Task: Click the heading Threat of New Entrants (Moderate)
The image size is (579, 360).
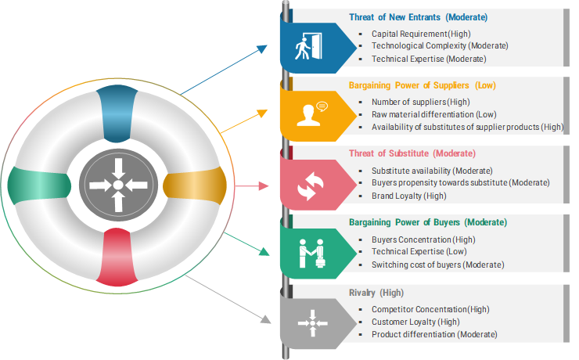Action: click(x=418, y=17)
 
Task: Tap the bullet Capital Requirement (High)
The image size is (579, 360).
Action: click(x=421, y=34)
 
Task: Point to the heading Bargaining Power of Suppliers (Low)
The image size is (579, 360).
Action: click(x=422, y=85)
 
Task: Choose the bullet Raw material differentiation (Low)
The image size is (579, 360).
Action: click(x=434, y=114)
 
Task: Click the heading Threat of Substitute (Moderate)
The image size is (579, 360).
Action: click(x=412, y=153)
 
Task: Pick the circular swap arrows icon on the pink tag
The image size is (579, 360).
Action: click(x=311, y=185)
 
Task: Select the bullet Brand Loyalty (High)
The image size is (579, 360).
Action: click(x=408, y=196)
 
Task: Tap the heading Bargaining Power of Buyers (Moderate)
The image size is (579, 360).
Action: click(x=428, y=222)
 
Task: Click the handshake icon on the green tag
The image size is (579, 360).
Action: click(x=311, y=254)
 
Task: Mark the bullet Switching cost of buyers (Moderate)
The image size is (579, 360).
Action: click(x=437, y=265)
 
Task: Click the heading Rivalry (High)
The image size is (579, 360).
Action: click(x=376, y=293)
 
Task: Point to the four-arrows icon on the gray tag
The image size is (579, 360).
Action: click(x=313, y=323)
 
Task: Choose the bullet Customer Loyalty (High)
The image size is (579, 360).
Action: click(x=415, y=322)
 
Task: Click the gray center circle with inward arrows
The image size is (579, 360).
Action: click(x=118, y=185)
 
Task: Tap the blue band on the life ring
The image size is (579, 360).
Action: click(x=117, y=113)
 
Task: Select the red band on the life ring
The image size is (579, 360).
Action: click(x=117, y=257)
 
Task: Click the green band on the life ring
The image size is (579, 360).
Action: click(x=39, y=185)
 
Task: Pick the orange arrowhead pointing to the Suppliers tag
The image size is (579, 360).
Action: click(x=263, y=113)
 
